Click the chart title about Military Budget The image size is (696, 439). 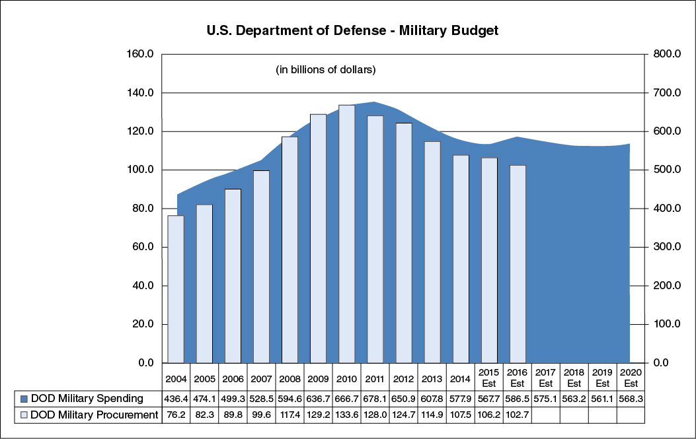point(352,30)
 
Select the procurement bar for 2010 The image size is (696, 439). point(347,234)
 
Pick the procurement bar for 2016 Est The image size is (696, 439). point(518,264)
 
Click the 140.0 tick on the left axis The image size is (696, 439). point(140,93)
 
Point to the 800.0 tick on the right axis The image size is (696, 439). point(667,54)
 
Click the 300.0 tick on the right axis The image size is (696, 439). point(667,247)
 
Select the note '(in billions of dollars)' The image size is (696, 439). point(325,69)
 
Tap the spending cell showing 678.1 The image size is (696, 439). point(375,399)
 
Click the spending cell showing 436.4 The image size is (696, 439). point(176,399)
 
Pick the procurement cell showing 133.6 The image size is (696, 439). point(347,415)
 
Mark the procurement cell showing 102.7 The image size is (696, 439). point(518,415)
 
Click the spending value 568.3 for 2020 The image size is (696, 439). point(631,399)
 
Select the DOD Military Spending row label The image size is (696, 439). point(86,399)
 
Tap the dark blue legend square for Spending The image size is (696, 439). point(24,399)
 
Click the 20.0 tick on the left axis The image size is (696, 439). point(142,324)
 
